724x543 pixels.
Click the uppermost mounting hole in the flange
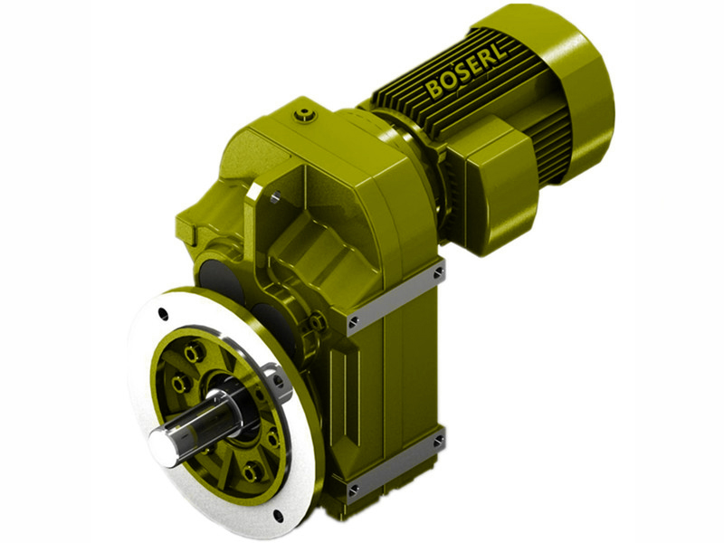point(163,314)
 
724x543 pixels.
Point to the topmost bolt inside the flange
point(192,353)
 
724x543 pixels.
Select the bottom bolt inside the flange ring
point(252,472)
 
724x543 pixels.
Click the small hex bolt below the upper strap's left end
point(319,322)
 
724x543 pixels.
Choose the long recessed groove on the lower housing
point(354,398)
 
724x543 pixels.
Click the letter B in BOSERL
point(435,90)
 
